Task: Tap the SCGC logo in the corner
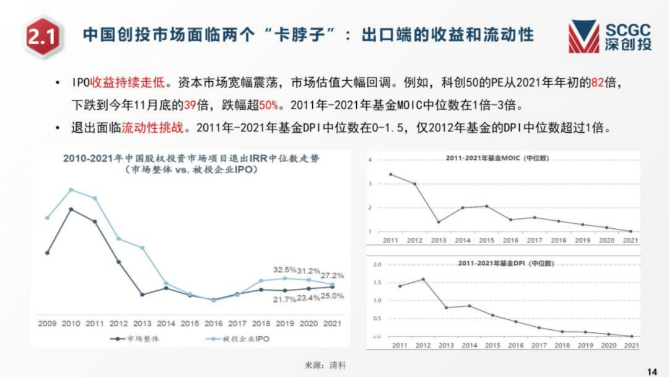tap(610, 36)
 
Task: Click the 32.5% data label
tap(285, 270)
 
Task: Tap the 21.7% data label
tap(285, 299)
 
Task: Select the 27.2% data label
tap(333, 275)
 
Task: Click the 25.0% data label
tap(333, 296)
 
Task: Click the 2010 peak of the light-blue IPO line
tap(71, 189)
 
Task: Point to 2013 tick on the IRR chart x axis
tap(142, 323)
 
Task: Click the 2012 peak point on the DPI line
tap(423, 279)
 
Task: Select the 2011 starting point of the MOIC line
tap(390, 174)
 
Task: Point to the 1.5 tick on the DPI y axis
tap(377, 282)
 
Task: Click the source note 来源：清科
tap(326, 365)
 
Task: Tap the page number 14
tap(651, 371)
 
